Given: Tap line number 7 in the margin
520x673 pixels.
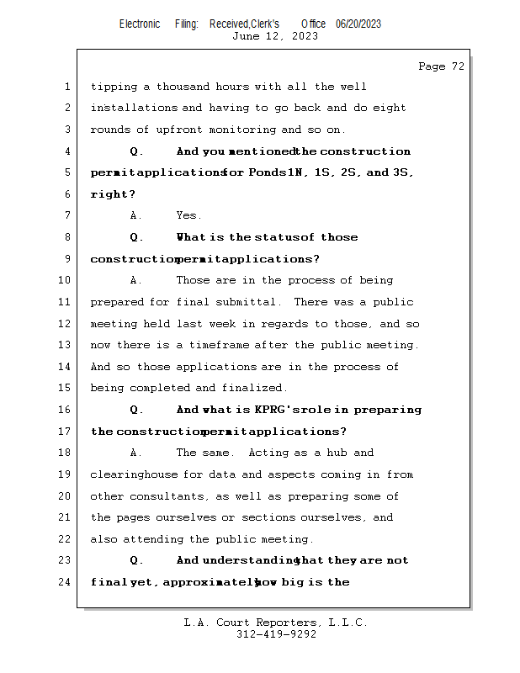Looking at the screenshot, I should (66, 216).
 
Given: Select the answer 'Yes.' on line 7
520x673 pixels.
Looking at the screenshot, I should (189, 216).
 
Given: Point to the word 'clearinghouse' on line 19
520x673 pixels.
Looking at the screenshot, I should (132, 474).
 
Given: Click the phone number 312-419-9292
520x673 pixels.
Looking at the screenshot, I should (276, 635).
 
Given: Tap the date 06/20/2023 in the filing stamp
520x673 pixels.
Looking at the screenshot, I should (358, 24).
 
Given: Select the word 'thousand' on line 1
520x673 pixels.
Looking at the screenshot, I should (183, 87).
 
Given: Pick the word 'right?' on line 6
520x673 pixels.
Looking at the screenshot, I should (113, 194).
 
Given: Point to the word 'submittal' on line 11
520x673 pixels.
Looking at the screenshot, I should (249, 302).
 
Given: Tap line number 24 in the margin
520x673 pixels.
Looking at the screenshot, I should (66, 582).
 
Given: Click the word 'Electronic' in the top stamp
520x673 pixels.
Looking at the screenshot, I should (140, 24).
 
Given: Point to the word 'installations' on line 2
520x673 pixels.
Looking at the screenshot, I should (134, 108).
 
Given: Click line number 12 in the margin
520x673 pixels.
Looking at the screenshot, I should (66, 324).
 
